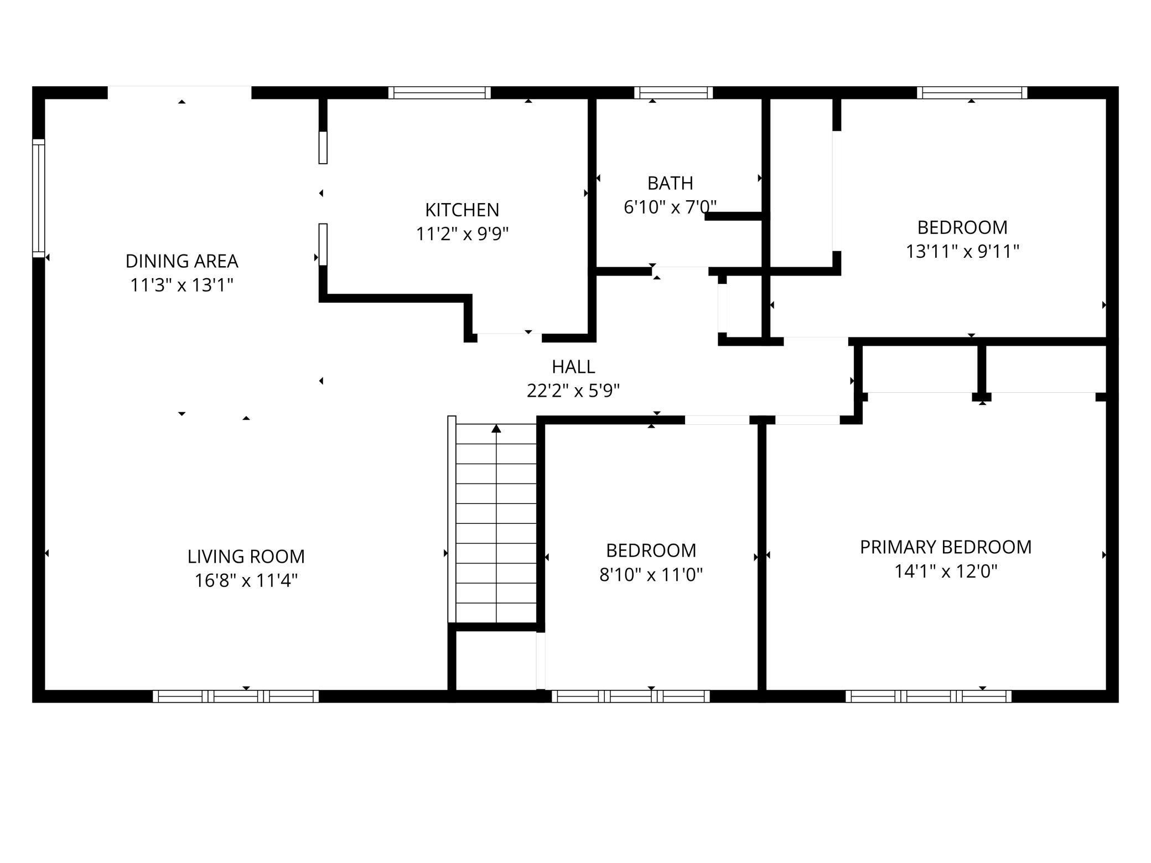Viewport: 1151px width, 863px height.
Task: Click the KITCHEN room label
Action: (x=462, y=210)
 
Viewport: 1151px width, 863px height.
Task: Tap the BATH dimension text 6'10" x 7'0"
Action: (x=670, y=207)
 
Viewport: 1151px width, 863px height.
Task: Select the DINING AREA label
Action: (x=182, y=261)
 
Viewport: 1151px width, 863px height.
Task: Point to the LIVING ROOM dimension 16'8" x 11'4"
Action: (x=246, y=580)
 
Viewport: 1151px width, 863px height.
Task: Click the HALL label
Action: (x=573, y=366)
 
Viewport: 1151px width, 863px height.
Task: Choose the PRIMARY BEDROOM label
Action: (x=946, y=547)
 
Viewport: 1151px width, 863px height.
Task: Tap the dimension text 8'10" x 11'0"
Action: (x=651, y=575)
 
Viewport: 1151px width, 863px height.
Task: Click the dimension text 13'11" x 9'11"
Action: (x=962, y=252)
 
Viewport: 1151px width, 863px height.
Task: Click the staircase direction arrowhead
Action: (x=496, y=428)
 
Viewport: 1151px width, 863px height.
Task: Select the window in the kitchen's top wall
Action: (x=439, y=92)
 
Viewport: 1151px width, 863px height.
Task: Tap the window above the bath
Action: (x=673, y=92)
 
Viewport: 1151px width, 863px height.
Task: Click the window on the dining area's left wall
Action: (x=38, y=198)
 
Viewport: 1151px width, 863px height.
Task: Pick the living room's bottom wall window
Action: (x=236, y=696)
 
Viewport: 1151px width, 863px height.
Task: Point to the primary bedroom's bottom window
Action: (x=929, y=696)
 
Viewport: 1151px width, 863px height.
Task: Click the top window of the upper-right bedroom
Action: (x=972, y=92)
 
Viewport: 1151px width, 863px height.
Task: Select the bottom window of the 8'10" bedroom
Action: (x=630, y=696)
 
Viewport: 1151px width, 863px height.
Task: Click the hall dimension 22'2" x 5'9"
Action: (x=573, y=391)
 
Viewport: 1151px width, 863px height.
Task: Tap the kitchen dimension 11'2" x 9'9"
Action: (x=462, y=234)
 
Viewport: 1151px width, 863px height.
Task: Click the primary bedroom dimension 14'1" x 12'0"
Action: (x=946, y=571)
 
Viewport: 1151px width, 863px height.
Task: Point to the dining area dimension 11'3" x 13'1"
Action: (x=182, y=285)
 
